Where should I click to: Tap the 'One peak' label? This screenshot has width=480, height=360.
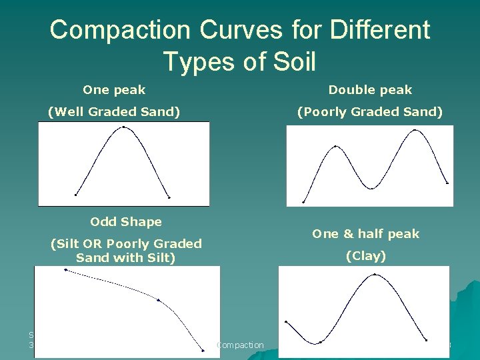(114, 89)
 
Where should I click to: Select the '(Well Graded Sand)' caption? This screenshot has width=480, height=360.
(114, 111)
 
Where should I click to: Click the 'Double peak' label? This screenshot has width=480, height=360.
(370, 89)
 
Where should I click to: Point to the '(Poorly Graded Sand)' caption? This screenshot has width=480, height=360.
(370, 111)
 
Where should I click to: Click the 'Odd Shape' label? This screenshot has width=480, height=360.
(126, 221)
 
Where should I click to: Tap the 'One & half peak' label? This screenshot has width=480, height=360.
(366, 233)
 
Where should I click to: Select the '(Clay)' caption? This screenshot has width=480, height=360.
(366, 255)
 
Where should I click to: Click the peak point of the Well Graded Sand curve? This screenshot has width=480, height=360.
(123, 126)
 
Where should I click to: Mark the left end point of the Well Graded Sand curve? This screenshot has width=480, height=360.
(76, 195)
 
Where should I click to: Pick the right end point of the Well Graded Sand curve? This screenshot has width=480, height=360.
(169, 197)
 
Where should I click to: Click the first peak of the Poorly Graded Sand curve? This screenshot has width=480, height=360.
(335, 146)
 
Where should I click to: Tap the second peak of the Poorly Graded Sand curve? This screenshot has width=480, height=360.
(416, 130)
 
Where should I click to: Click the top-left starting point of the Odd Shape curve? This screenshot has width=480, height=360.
(65, 269)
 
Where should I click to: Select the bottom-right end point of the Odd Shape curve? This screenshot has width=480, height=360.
(203, 350)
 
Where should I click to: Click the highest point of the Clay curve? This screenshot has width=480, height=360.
(375, 274)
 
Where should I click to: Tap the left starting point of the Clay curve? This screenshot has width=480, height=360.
(286, 321)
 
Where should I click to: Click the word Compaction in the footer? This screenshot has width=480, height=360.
(241, 345)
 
